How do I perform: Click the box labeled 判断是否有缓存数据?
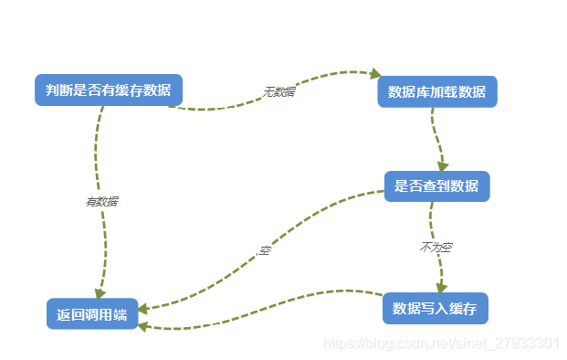pyautogui.click(x=108, y=90)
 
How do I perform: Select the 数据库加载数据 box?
pyautogui.click(x=436, y=91)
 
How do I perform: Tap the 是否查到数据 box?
pyautogui.click(x=436, y=186)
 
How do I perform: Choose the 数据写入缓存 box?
pyautogui.click(x=435, y=308)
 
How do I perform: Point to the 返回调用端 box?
pyautogui.click(x=91, y=314)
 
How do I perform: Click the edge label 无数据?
pyautogui.click(x=278, y=91)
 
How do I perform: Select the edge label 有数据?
pyautogui.click(x=101, y=202)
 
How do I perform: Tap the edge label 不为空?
pyautogui.click(x=436, y=248)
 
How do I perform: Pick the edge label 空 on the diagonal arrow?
pyautogui.click(x=265, y=249)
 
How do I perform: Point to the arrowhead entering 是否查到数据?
pyautogui.click(x=444, y=166)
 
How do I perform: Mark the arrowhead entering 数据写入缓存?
pyautogui.click(x=442, y=287)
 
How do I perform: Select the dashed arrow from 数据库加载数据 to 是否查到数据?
pyautogui.click(x=436, y=137)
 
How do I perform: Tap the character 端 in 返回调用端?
pyautogui.click(x=120, y=314)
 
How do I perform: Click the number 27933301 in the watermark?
pyautogui.click(x=526, y=344)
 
